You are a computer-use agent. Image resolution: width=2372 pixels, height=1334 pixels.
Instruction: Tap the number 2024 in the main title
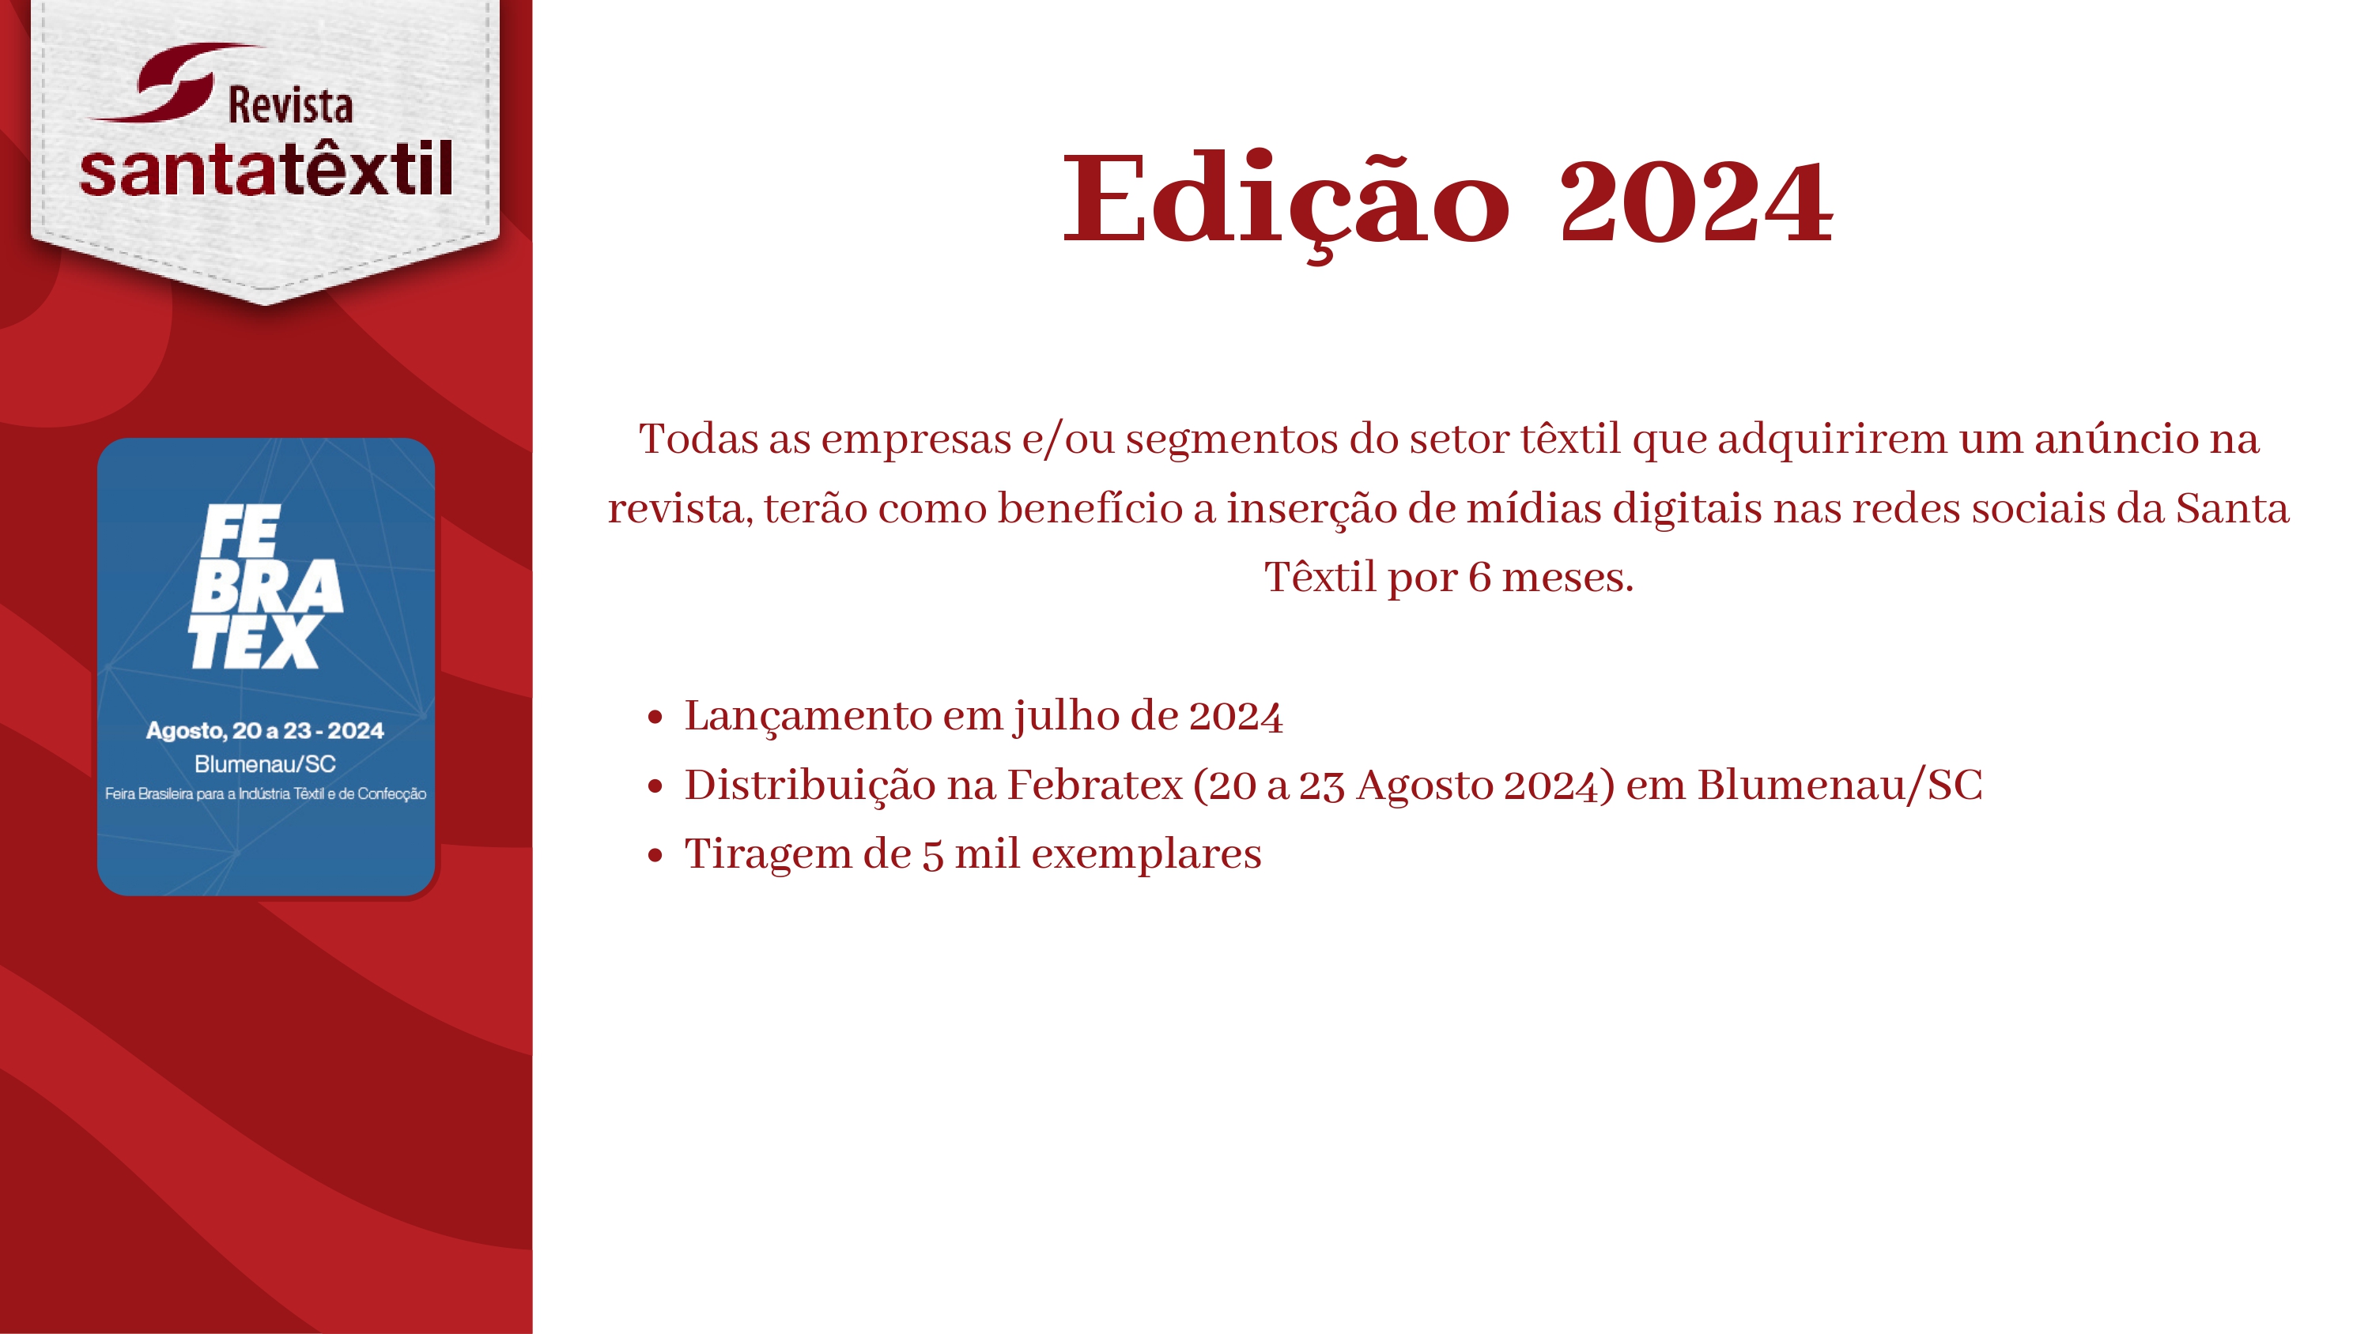click(1695, 202)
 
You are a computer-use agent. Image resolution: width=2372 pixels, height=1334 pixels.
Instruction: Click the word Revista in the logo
click(290, 105)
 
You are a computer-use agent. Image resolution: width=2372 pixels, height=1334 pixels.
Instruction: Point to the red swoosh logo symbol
click(175, 83)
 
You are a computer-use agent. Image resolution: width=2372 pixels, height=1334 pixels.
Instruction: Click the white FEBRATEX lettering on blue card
click(265, 586)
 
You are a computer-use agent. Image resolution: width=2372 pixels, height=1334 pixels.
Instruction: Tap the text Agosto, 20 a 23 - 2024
click(265, 731)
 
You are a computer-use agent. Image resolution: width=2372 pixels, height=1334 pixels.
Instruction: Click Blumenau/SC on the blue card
click(265, 764)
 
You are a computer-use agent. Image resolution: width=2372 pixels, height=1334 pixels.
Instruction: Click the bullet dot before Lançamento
click(655, 717)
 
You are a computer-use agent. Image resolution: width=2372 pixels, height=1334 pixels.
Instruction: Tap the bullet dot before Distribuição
click(655, 786)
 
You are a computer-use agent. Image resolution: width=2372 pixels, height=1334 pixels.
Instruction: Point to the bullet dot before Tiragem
click(655, 855)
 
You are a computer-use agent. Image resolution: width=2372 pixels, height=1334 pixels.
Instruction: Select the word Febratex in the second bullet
click(1095, 786)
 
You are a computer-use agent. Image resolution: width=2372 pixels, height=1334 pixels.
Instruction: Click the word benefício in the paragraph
click(1090, 509)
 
